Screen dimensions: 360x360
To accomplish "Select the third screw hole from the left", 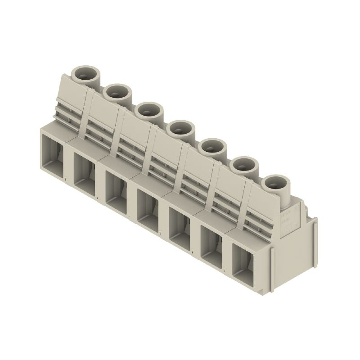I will click(x=149, y=111).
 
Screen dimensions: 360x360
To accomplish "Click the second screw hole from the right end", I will click(x=243, y=165).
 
